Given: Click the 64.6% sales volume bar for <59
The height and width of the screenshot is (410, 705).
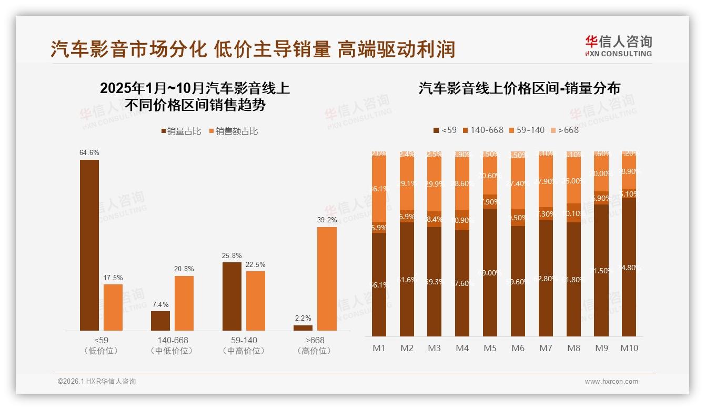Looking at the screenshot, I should coord(89,245).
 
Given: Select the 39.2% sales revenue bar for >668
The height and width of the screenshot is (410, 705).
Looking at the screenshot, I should coord(327,279).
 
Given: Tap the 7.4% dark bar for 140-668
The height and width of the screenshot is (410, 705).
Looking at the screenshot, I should coord(160,321).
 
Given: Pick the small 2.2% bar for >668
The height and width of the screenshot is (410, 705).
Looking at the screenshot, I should coord(303,327).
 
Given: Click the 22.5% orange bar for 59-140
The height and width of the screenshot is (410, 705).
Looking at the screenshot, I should coord(256,301).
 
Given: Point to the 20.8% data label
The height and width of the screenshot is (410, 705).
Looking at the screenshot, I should coord(184,269).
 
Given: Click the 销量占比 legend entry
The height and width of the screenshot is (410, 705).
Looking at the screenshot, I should coord(181,131).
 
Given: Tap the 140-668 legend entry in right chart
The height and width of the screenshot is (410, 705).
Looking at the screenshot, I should coord(482,130).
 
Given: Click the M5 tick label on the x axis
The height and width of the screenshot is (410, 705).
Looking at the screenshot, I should coord(490,348).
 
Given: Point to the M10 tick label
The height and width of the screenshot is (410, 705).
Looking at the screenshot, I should coord(629,348).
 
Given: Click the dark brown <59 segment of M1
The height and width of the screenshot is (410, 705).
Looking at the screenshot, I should coord(379,284).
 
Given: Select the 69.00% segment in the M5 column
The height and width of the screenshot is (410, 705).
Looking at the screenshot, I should coord(490,272).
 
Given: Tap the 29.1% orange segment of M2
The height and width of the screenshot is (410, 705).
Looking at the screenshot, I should coord(407,184).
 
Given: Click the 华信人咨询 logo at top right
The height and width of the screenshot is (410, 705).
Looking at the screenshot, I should coord(618,45).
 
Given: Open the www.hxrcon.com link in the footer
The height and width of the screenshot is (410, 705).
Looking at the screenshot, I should coord(611,382).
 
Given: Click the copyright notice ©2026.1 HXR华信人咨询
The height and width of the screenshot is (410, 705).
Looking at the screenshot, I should coord(97,382).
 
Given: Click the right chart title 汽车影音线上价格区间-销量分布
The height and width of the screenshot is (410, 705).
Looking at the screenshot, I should coord(519,88).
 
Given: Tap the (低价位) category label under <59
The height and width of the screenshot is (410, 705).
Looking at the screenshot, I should coord(101,351).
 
